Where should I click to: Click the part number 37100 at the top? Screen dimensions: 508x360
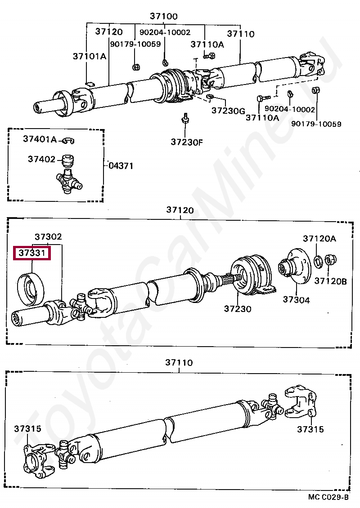click(164, 17)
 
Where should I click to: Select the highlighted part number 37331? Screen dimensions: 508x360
click(32, 253)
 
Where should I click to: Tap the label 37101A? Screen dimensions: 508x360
click(90, 56)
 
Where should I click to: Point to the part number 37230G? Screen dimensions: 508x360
click(228, 110)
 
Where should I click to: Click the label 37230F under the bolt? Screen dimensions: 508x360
click(187, 143)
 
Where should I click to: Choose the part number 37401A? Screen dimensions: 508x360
click(40, 140)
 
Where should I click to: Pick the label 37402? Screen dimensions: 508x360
click(41, 159)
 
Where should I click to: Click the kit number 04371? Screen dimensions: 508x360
click(121, 165)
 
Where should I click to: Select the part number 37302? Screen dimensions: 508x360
click(49, 236)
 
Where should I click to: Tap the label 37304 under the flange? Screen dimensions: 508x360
click(296, 300)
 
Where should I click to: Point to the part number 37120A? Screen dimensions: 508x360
click(319, 239)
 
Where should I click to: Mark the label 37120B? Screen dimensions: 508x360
click(331, 281)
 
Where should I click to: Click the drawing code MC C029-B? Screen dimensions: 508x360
click(328, 497)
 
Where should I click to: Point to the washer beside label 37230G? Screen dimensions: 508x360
click(210, 97)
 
